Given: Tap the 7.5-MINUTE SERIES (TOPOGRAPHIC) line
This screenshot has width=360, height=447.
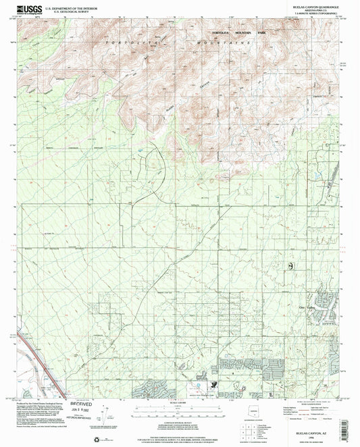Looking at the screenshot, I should coord(317,16).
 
